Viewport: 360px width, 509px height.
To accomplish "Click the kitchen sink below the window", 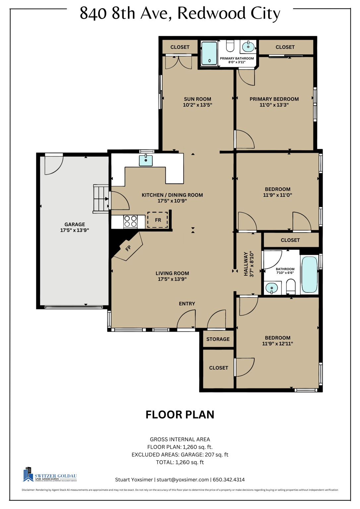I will point(146,160).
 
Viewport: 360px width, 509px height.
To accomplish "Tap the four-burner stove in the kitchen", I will point(130,221).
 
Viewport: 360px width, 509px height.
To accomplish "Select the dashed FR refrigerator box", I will point(157,220).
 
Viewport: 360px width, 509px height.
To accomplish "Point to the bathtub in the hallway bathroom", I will point(309,275).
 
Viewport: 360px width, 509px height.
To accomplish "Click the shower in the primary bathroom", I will point(209,53).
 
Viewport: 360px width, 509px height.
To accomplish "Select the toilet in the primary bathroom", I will point(230,46).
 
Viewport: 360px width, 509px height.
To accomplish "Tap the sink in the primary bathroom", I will point(248,47).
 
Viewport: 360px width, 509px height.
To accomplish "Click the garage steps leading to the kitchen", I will point(100,199).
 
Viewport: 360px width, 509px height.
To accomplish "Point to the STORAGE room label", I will point(218,339).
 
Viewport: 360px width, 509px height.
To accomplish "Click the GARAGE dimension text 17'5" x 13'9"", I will point(75,230).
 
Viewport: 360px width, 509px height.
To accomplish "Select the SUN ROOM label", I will point(198,99).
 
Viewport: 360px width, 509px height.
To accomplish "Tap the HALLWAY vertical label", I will point(246,264).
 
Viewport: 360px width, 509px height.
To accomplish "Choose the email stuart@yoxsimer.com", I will point(183,480).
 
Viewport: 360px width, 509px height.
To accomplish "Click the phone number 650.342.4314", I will point(229,480).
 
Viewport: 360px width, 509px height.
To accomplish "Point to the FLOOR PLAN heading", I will point(180,415).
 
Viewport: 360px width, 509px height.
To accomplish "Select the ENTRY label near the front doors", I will point(187,304).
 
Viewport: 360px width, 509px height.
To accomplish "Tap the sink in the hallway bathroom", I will point(272,288).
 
